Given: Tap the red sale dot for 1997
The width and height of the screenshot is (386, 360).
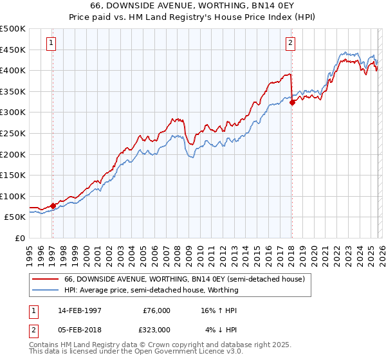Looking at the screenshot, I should point(53,206).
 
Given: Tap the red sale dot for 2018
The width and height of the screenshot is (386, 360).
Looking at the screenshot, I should point(292,102).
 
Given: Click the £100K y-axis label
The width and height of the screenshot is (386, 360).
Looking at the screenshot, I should point(14,196).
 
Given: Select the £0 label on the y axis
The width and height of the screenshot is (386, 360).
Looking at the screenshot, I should point(21,238).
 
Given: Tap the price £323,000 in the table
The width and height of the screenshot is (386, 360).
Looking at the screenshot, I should point(156,329).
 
